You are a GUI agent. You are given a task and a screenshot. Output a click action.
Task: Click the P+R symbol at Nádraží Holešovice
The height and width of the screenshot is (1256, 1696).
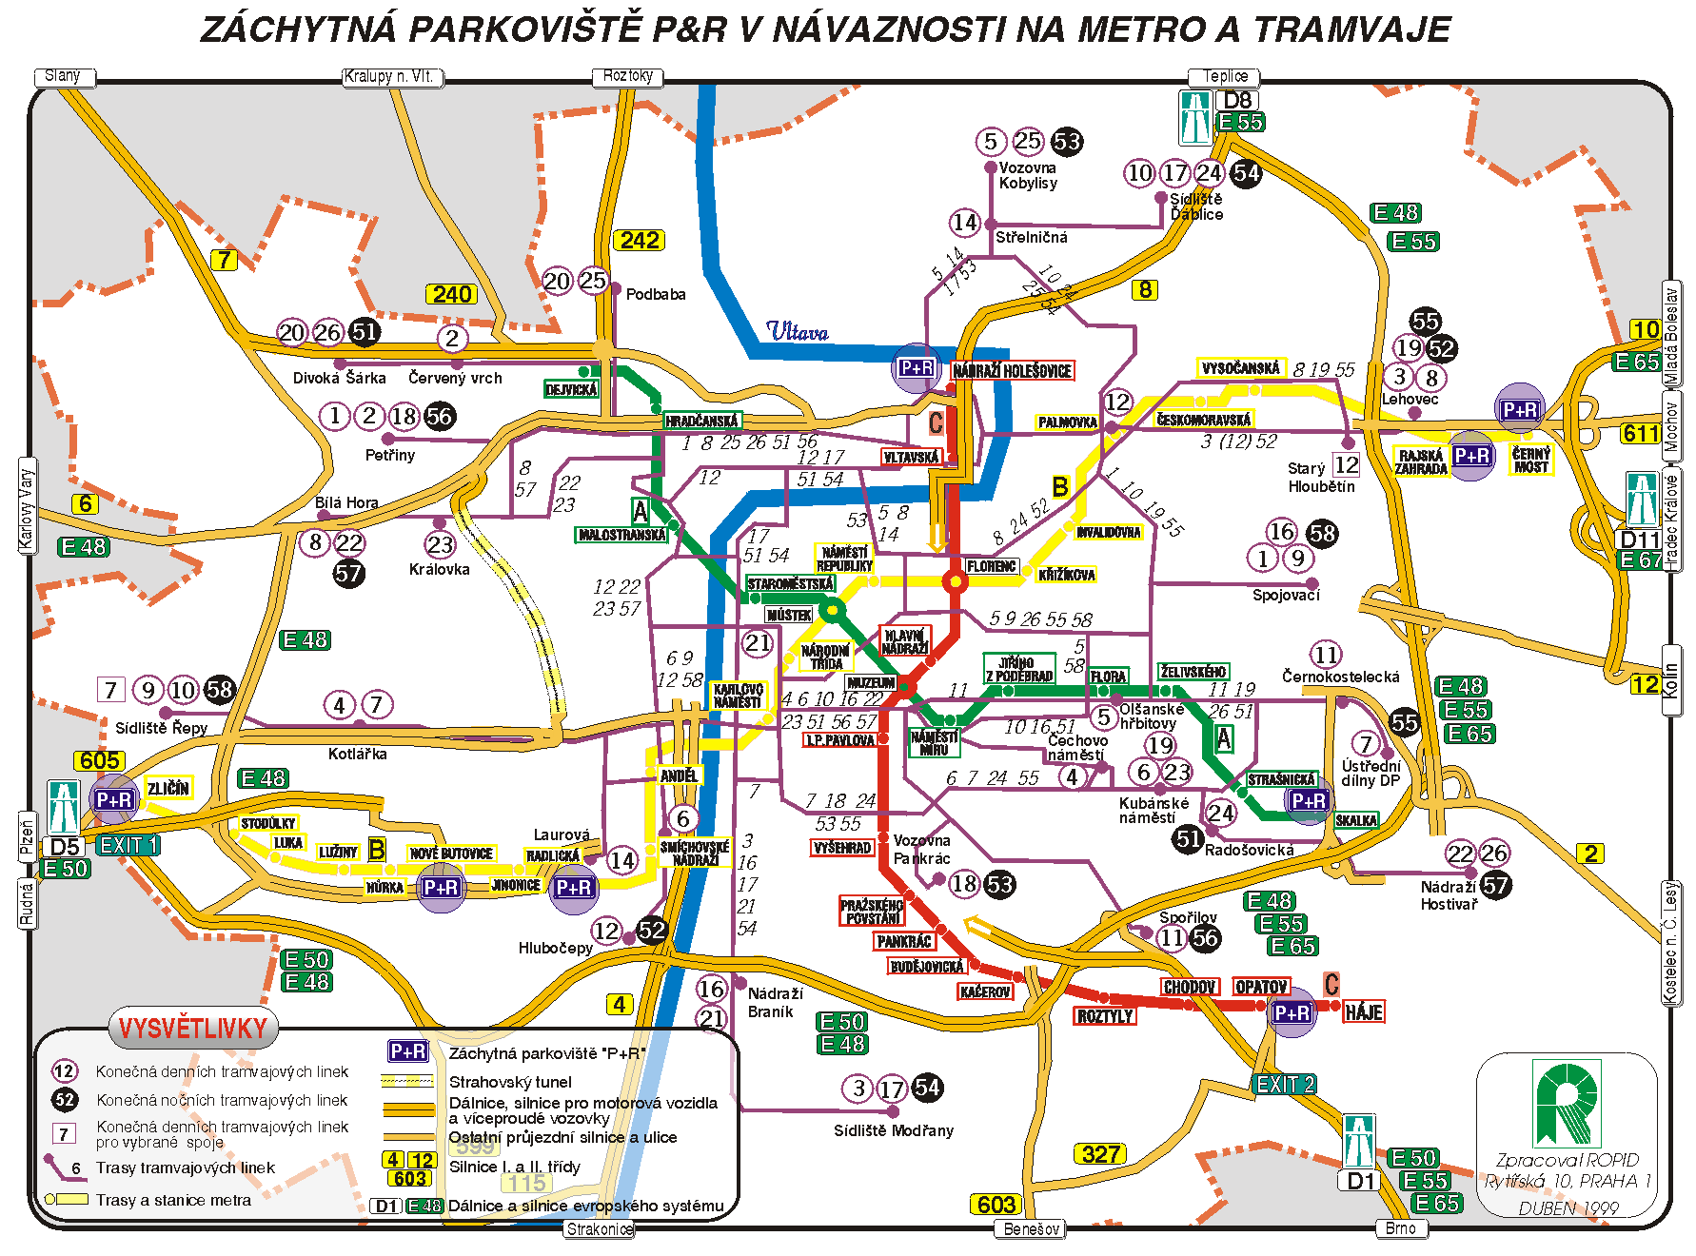click(916, 368)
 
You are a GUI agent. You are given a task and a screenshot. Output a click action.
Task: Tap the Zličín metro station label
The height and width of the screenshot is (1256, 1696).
click(168, 788)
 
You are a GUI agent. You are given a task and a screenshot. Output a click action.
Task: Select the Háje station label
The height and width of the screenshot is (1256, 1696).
click(1363, 1012)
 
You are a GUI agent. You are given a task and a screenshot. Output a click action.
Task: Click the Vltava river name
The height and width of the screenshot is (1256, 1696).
click(798, 332)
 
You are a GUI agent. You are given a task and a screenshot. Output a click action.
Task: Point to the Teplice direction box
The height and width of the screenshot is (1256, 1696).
click(1224, 76)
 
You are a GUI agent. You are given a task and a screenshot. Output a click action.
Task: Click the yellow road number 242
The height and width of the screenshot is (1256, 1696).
click(639, 240)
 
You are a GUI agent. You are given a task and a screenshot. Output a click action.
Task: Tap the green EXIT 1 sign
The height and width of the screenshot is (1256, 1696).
click(128, 845)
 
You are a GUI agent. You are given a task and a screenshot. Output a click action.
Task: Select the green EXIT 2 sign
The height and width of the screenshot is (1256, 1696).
click(1284, 1084)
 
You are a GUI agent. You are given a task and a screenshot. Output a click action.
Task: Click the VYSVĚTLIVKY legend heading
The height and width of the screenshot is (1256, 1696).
click(193, 1029)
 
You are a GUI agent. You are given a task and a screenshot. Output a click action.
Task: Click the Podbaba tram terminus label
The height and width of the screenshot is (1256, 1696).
click(655, 294)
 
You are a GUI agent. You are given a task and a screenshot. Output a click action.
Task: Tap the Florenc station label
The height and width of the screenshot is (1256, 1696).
click(991, 566)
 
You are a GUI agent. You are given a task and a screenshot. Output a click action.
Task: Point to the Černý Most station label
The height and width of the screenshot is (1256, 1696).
click(1530, 460)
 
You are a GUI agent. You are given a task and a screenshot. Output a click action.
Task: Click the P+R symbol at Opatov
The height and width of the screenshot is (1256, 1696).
click(1292, 1013)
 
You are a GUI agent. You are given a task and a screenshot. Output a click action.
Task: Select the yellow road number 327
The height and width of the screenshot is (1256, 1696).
click(1100, 1154)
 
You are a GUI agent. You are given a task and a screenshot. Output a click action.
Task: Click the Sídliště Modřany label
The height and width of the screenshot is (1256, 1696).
click(893, 1130)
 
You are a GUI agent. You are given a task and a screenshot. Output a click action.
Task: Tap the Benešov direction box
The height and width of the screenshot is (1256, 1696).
click(1031, 1228)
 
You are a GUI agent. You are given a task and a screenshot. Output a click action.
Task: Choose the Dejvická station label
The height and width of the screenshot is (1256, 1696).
click(571, 389)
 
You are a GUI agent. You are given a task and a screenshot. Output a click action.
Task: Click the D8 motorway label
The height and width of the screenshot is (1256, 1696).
click(1237, 100)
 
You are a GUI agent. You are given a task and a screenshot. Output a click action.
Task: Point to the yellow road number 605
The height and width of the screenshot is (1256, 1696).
click(100, 760)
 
